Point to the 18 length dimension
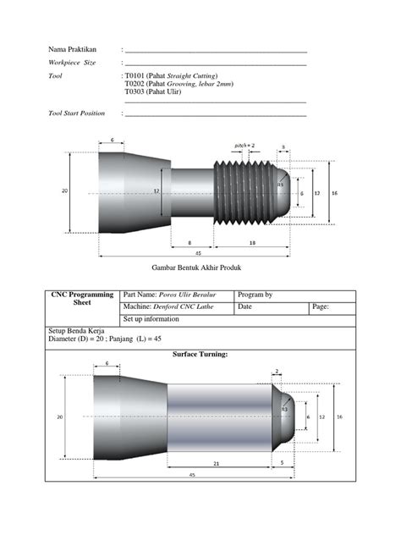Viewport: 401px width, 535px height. tap(253, 242)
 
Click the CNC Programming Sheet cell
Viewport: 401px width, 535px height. tap(82, 299)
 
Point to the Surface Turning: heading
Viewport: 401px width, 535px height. tap(200, 355)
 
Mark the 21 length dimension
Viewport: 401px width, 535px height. tap(217, 464)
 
